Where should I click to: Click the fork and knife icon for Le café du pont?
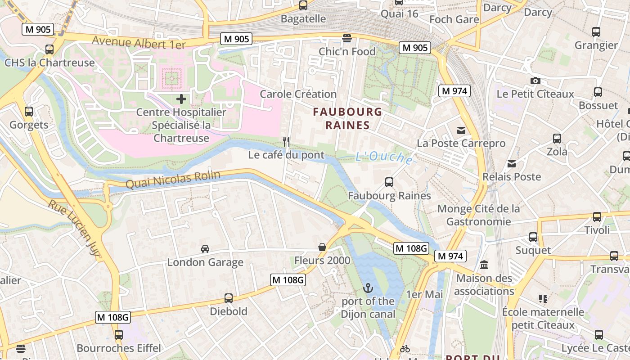[286, 142]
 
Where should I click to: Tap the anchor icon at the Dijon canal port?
[368, 288]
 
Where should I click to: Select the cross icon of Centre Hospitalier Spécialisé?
[181, 99]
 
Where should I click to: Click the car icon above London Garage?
[205, 249]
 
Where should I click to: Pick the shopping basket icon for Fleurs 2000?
[322, 247]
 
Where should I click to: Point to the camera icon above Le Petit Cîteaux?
[535, 81]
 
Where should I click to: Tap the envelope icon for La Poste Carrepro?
[461, 130]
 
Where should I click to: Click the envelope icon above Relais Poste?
[512, 163]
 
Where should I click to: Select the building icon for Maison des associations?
[484, 265]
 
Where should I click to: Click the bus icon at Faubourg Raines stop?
[389, 182]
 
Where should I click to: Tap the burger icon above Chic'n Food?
[346, 38]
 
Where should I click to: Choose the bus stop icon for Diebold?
[229, 298]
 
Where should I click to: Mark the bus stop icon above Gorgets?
[29, 111]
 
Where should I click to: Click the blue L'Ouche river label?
[384, 157]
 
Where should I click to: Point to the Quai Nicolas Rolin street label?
[173, 180]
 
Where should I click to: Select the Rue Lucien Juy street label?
[75, 228]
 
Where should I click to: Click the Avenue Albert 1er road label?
[139, 43]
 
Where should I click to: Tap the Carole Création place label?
[298, 94]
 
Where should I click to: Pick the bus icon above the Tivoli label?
[597, 217]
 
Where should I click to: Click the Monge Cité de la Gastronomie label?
[478, 215]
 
